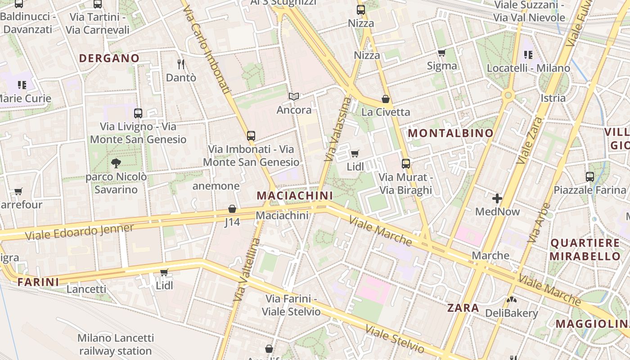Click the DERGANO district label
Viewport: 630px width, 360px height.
pos(109,58)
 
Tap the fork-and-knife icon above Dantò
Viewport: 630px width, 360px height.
pos(181,64)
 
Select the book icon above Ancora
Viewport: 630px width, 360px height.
pos(294,96)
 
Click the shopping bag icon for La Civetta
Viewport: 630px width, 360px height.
pos(386,99)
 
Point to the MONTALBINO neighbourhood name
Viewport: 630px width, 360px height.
pos(450,133)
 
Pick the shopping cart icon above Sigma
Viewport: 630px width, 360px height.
pos(442,53)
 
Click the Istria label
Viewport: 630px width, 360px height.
pos(553,98)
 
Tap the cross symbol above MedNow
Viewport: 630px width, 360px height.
pos(497,198)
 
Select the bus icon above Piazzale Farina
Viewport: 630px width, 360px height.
pos(590,176)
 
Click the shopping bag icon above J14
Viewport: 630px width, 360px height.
pos(232,209)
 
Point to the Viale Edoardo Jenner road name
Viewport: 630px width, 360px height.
pos(79,232)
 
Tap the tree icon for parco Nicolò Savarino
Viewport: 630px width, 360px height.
pos(116,163)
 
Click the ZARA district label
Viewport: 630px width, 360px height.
pos(463,308)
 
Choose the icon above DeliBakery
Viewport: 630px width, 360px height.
pos(511,300)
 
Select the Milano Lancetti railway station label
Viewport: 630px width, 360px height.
pos(116,344)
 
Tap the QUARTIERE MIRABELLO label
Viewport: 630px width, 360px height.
pos(585,250)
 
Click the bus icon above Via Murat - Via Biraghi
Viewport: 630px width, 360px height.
pos(406,164)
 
